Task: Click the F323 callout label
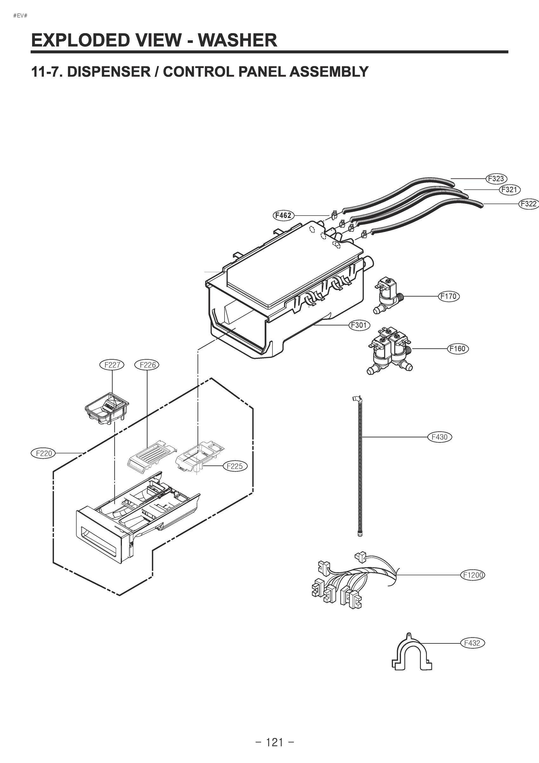(496, 178)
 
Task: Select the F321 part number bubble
(509, 190)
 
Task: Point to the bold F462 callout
(283, 215)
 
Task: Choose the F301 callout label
(359, 325)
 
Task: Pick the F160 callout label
(458, 349)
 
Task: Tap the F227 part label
(112, 365)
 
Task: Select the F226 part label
(147, 365)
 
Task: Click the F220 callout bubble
(43, 453)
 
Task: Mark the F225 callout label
(234, 466)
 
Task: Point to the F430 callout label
(439, 437)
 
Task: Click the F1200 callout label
(472, 575)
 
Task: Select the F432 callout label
(472, 643)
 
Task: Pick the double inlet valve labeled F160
(388, 351)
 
